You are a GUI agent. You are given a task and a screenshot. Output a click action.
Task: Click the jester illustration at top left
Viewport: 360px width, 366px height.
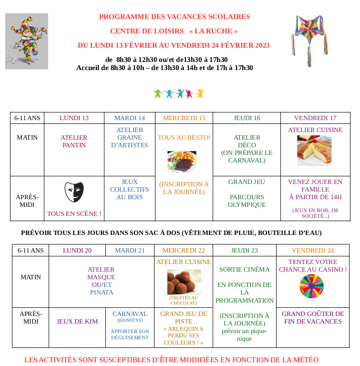[x=27, y=41]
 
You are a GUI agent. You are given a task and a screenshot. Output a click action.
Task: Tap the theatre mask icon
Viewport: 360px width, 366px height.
[x=74, y=192]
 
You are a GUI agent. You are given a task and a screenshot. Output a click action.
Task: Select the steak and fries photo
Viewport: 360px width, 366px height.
[x=182, y=161]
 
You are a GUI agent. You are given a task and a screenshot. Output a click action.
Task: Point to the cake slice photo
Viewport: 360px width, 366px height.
[x=314, y=150]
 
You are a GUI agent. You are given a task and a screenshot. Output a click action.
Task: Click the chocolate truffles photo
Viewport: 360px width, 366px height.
[x=184, y=282]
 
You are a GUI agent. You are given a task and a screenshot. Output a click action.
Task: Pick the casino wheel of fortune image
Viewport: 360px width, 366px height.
[x=311, y=286]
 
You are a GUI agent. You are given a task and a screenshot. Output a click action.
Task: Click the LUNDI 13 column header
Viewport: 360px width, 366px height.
[x=74, y=118]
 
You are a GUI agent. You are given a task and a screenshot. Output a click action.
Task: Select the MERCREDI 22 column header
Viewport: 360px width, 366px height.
[x=184, y=251]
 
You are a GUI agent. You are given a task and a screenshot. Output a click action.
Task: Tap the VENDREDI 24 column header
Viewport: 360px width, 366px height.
[x=313, y=251]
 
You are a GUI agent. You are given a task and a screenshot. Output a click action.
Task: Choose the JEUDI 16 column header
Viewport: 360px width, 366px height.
[x=247, y=118]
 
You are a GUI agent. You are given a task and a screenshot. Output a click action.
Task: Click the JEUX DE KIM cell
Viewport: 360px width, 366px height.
[x=77, y=322]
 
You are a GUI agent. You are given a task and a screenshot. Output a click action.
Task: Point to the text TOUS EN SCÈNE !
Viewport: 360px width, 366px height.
[x=74, y=214]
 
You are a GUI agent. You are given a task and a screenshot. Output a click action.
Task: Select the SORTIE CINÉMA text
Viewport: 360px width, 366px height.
[x=244, y=269]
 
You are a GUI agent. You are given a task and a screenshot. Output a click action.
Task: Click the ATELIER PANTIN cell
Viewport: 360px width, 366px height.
[x=74, y=141]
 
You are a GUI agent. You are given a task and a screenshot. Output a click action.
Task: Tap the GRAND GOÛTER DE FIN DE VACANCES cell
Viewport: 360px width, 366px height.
[x=313, y=317]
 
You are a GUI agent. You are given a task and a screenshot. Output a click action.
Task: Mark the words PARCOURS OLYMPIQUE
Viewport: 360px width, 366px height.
[x=247, y=201]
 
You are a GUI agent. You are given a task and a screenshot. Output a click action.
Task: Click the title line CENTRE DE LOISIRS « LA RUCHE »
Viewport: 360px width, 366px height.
[x=174, y=31]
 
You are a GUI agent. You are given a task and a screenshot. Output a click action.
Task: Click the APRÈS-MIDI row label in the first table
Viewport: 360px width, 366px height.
[x=27, y=200]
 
